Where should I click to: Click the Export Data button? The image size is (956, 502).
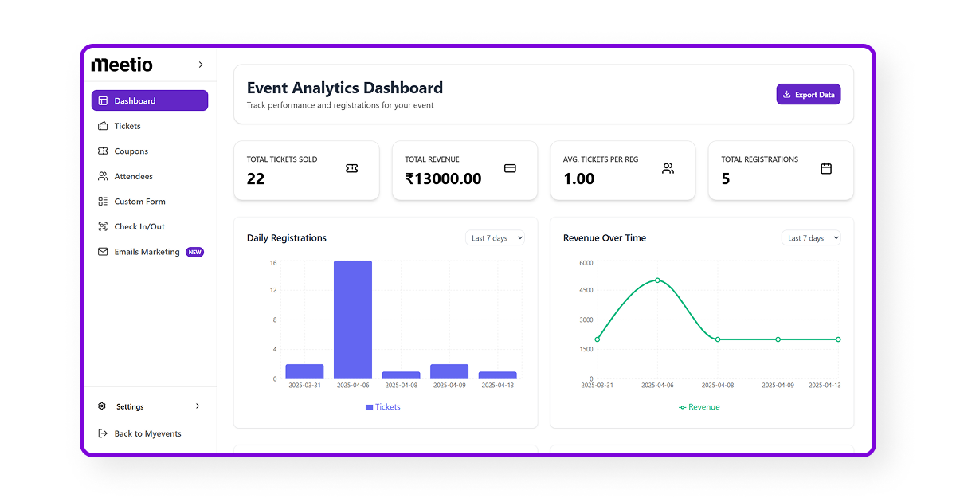click(x=808, y=95)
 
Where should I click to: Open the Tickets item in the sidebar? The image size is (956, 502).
click(x=127, y=126)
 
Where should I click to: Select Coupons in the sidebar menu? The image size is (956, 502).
click(x=131, y=151)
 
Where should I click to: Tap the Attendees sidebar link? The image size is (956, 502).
click(x=133, y=176)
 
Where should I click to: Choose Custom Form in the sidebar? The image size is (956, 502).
click(x=139, y=202)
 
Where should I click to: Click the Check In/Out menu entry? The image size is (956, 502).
click(x=139, y=226)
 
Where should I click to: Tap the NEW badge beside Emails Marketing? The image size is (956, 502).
click(x=195, y=252)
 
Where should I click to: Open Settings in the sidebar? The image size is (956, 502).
click(x=130, y=406)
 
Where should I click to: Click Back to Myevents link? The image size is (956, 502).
click(x=147, y=433)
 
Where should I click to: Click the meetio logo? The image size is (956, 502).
click(x=122, y=65)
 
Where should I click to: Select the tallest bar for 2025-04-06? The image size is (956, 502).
click(x=353, y=319)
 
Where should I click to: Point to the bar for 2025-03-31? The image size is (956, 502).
click(x=304, y=371)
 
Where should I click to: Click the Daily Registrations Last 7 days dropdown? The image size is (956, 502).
click(x=495, y=238)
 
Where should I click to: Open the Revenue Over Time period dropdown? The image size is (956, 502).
click(x=811, y=238)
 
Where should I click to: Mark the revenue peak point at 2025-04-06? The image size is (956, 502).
click(x=657, y=280)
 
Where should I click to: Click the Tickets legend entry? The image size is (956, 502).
click(x=383, y=407)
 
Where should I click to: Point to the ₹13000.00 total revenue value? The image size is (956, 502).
click(x=443, y=178)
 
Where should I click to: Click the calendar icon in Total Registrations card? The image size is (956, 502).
click(x=826, y=168)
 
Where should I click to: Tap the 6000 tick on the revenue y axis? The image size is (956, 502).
click(x=586, y=262)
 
